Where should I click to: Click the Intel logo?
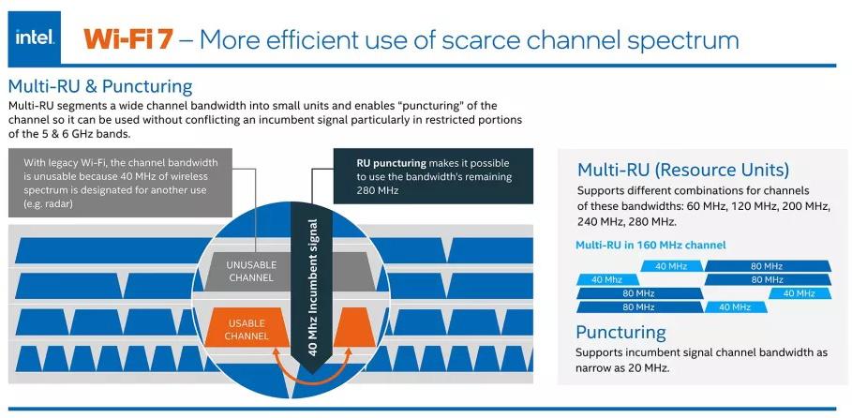click(x=35, y=38)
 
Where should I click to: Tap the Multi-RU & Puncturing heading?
click(x=100, y=86)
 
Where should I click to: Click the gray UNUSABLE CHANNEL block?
click(x=250, y=271)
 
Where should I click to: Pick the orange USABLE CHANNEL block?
click(x=247, y=329)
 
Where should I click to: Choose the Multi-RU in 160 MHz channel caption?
click(x=650, y=245)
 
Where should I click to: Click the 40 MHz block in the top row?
click(x=671, y=266)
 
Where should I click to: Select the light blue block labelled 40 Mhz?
click(x=606, y=279)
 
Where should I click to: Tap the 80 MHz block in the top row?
click(x=766, y=266)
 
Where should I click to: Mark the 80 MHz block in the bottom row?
click(x=638, y=306)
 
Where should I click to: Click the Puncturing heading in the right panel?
click(x=620, y=332)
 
